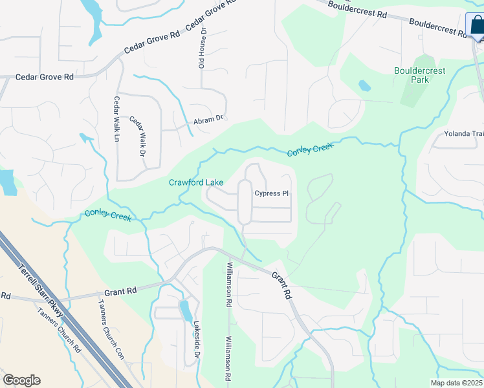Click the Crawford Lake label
click(196, 183)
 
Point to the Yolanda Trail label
click(463, 135)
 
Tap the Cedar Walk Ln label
click(117, 120)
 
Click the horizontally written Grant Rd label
click(122, 291)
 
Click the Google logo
click(21, 380)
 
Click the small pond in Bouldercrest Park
click(364, 85)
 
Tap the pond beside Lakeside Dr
click(186, 310)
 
